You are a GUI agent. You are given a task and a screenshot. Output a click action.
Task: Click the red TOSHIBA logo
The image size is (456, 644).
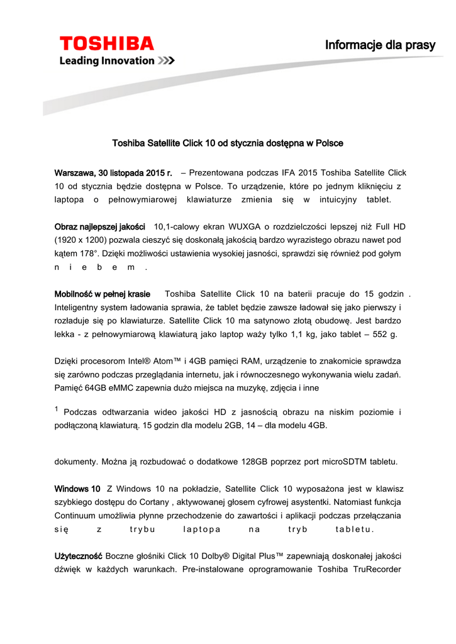[x=106, y=43]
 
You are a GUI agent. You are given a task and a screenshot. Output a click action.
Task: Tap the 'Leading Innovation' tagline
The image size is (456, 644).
[x=106, y=60]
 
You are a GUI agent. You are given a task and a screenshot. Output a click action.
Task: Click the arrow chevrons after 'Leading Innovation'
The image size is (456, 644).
[x=166, y=60]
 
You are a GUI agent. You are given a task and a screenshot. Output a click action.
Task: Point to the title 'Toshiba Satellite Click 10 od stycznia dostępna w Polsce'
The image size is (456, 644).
[x=228, y=143]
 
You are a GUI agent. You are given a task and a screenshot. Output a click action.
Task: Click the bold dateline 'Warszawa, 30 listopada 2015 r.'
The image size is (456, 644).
[x=114, y=172]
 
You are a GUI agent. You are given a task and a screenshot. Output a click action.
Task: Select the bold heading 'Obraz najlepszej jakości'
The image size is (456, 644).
[x=100, y=226]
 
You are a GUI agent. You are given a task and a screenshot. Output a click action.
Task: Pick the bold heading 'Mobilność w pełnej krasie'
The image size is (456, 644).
[x=103, y=294]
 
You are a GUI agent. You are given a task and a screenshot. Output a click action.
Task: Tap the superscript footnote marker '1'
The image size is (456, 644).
[x=57, y=409]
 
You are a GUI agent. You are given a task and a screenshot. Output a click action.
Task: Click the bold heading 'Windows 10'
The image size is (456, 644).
[x=77, y=488]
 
